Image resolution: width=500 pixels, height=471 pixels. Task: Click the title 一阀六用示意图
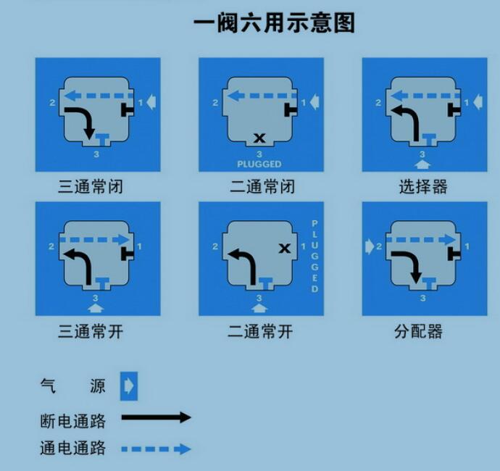point(274,23)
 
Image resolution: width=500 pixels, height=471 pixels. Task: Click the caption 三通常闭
point(91,186)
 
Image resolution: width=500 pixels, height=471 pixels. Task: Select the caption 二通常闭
point(262,186)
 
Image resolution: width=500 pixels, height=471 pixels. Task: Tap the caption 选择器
point(423,186)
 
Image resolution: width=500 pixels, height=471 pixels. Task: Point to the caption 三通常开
point(91,331)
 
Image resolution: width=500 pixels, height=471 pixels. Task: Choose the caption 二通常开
point(260,331)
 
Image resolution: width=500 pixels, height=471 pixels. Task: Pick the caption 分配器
point(418,331)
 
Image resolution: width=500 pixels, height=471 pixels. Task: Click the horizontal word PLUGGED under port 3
point(259,164)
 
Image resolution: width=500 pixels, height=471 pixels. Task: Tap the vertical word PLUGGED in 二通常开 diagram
point(314,256)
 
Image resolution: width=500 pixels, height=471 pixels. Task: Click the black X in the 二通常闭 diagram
point(259,138)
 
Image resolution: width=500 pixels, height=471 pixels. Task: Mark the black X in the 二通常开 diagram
point(285,248)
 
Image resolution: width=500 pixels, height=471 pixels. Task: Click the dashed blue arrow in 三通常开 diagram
point(95,240)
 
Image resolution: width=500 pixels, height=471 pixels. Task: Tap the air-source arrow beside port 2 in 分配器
point(370,246)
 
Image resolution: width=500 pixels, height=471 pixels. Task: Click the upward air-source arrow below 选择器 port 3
point(422,164)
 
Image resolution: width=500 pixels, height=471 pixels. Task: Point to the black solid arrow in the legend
point(157,417)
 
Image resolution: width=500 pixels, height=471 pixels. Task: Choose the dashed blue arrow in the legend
point(157,449)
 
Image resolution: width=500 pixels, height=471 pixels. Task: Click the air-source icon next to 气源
point(129,386)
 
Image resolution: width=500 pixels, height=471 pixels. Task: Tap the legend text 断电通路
point(73,421)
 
